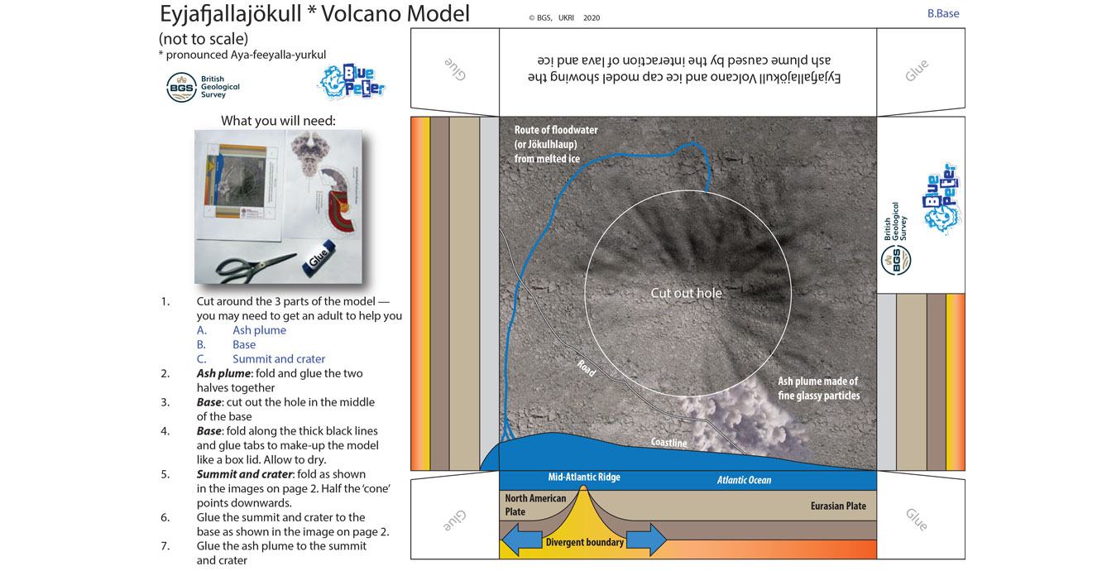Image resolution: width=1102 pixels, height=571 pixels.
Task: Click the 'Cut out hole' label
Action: pos(686,293)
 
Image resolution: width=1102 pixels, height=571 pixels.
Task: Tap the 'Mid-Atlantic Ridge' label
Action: pos(583,477)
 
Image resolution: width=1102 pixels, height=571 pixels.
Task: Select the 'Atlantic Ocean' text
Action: pos(743,480)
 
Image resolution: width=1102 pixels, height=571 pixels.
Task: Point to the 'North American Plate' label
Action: pos(535,505)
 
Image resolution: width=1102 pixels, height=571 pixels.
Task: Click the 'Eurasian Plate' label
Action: pos(838,506)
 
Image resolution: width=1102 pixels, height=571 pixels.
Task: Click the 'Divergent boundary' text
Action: pos(584,543)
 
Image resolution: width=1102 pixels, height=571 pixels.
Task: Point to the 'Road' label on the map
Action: pos(586,368)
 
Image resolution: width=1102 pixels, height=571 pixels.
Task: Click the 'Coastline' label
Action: pos(668,443)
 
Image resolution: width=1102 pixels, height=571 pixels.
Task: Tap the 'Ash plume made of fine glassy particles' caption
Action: pos(817,388)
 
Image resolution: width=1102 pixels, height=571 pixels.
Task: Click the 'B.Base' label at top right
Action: pos(943,13)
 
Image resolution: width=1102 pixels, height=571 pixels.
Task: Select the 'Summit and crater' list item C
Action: pos(278,359)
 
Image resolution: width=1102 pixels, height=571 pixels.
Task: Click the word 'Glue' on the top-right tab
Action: pos(916,70)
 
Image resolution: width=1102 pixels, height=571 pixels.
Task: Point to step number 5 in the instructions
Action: pos(165,474)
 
